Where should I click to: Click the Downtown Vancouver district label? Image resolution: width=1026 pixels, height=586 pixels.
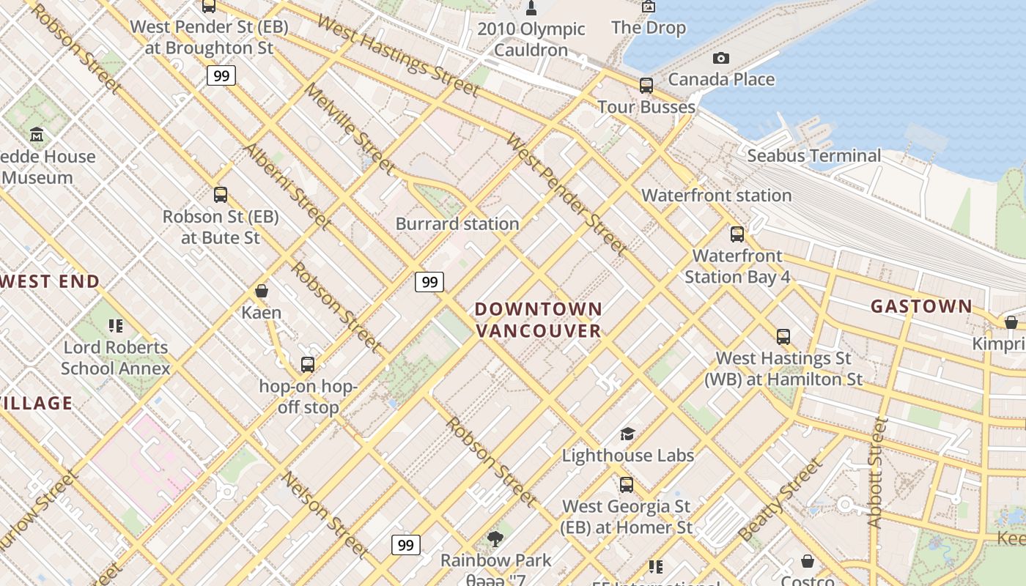point(539,320)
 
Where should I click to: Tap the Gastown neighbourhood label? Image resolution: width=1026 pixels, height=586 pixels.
point(921,306)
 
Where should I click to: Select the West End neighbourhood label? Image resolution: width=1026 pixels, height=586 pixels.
point(50,281)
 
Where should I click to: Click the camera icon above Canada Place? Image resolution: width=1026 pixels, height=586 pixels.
point(721,58)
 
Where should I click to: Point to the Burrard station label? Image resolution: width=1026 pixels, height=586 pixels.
point(457,224)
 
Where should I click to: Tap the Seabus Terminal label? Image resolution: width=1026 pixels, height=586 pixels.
point(813,155)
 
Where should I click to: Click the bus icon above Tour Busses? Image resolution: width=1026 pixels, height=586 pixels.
point(646,86)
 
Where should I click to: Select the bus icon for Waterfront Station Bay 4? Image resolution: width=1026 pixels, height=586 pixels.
point(737,234)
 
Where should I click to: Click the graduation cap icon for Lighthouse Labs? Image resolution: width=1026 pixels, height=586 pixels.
point(627,434)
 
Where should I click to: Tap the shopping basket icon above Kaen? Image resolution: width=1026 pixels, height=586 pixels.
point(262,292)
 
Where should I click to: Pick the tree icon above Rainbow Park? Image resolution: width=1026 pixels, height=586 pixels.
point(495,540)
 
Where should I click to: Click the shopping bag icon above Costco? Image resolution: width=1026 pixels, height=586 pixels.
point(807,561)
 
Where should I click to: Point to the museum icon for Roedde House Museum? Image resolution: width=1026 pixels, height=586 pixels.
point(37,135)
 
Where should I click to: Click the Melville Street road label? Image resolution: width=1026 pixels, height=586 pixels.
point(350,127)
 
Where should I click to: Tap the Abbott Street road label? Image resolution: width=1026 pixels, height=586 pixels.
point(876,472)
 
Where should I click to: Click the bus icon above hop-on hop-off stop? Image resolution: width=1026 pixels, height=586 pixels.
point(308,364)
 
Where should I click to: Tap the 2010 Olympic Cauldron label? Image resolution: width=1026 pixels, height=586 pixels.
point(531,40)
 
